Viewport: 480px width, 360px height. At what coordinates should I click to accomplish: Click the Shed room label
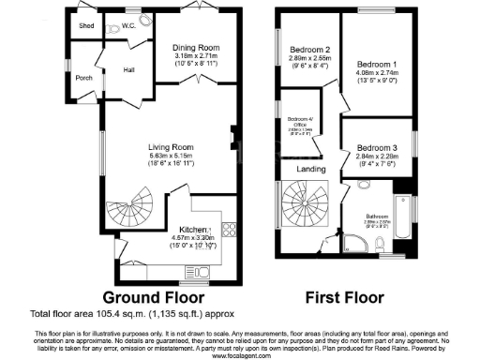tap(86, 25)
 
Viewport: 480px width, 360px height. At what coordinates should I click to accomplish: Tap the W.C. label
tap(128, 26)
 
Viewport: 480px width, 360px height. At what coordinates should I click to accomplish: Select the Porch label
tap(84, 78)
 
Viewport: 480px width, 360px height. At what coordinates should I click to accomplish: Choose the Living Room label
tap(171, 146)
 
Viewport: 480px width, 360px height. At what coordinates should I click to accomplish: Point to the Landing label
tap(311, 169)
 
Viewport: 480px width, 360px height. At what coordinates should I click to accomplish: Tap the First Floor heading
tap(347, 296)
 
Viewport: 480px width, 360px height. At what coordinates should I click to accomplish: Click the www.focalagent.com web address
tap(240, 355)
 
